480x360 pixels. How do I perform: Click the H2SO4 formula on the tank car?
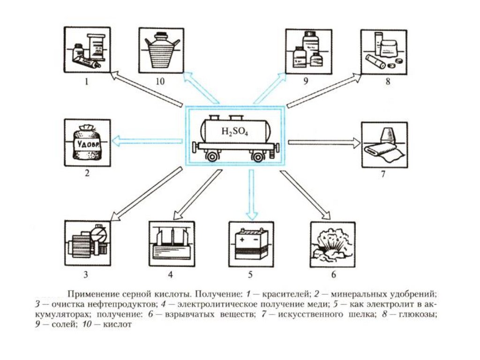(x=234, y=132)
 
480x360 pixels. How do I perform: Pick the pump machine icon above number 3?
(x=87, y=242)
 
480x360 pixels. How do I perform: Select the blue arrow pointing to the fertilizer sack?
(x=148, y=139)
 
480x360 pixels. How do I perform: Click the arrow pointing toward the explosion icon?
(x=305, y=195)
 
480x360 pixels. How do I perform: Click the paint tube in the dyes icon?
(x=87, y=61)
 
